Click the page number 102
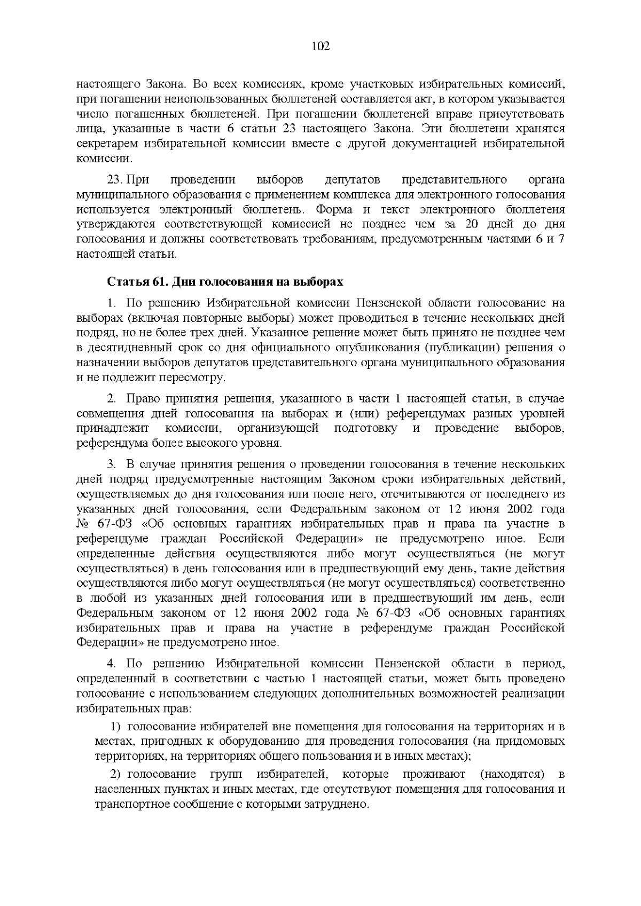[320, 46]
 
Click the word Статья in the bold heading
[124, 282]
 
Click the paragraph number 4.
[111, 664]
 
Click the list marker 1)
[116, 727]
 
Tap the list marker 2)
[116, 775]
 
